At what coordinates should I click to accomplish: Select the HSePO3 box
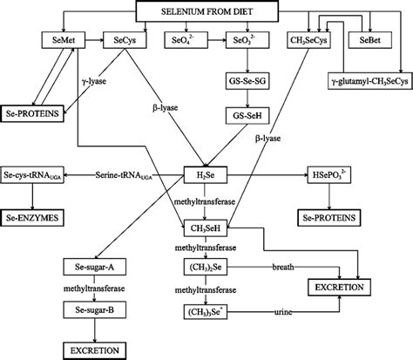(x=332, y=174)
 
